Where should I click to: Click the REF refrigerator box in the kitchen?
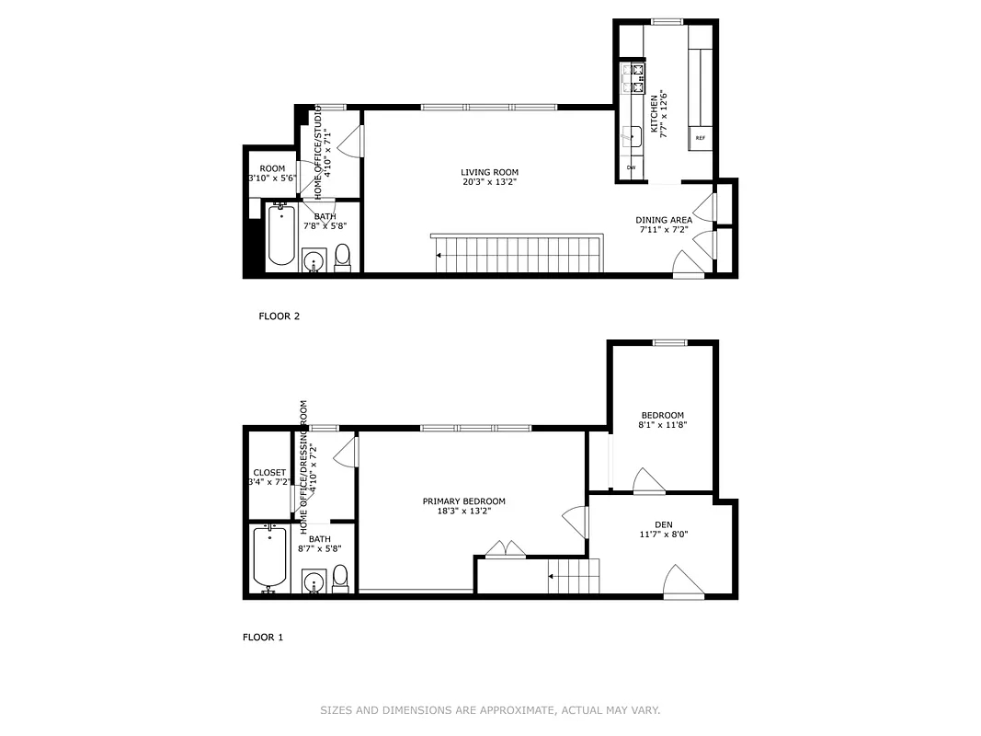pos(701,138)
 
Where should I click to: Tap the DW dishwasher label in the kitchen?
pos(631,167)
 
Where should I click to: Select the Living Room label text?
pos(489,172)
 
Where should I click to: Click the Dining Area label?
pos(663,220)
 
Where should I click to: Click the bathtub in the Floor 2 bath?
pos(281,237)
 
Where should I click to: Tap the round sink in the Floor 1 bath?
pos(314,582)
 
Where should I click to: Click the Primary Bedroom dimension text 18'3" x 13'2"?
pos(463,512)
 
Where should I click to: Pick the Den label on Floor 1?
pos(663,524)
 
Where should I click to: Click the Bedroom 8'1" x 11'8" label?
pos(663,420)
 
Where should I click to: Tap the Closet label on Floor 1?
pos(269,473)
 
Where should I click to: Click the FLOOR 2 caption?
pos(279,316)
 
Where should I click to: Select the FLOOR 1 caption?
pos(263,637)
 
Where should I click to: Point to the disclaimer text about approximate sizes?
pos(490,710)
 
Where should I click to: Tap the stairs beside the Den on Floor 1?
pos(573,576)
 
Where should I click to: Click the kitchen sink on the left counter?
pos(631,136)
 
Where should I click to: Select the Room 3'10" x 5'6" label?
pos(271,168)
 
